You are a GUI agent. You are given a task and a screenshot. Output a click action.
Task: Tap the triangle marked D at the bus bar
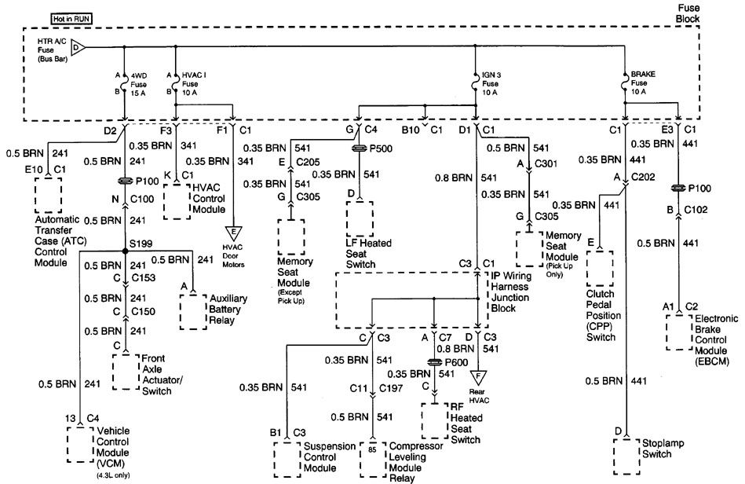(79, 48)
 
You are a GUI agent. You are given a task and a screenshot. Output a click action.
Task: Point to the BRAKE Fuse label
(642, 82)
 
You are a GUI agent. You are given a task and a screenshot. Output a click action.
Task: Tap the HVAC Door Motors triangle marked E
(232, 233)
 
